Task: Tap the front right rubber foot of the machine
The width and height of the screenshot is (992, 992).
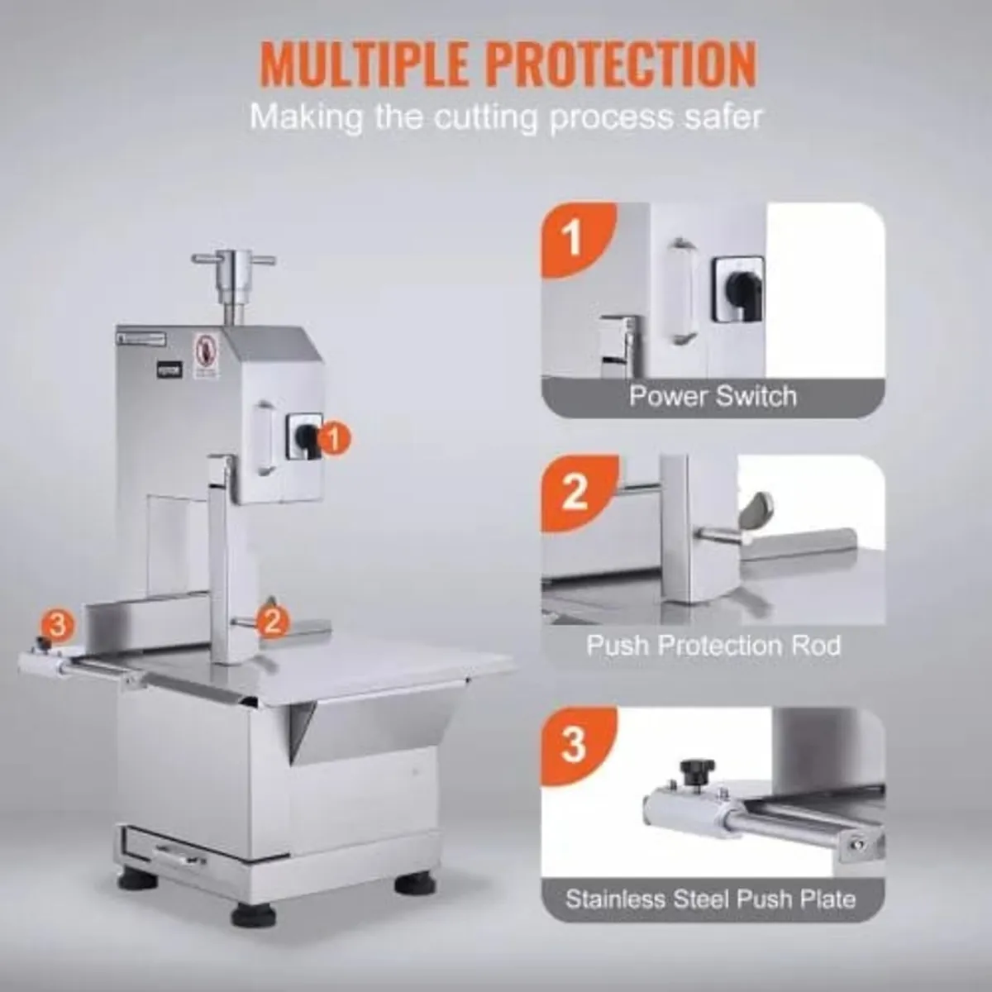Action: coord(414,881)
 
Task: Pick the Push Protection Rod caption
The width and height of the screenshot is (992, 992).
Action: coord(713,645)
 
